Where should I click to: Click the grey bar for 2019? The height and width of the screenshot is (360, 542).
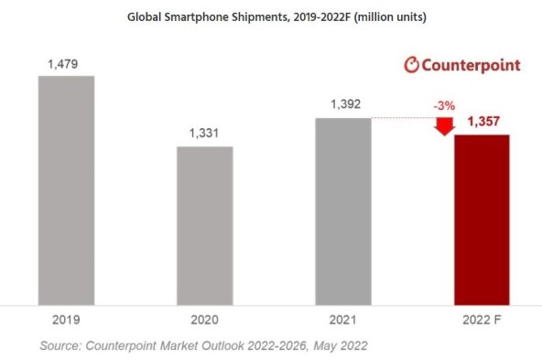pos(66,189)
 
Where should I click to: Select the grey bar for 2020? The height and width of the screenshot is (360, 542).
pos(204,224)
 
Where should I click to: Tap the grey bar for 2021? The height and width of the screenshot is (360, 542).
pos(343,210)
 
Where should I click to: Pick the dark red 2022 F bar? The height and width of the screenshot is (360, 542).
pos(482,218)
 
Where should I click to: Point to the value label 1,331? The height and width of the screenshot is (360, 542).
pos(204,134)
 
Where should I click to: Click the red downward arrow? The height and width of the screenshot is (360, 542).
pos(445,125)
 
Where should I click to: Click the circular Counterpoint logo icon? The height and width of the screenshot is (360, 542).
pos(412,65)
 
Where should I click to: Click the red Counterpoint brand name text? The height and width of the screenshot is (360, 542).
pos(472,65)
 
